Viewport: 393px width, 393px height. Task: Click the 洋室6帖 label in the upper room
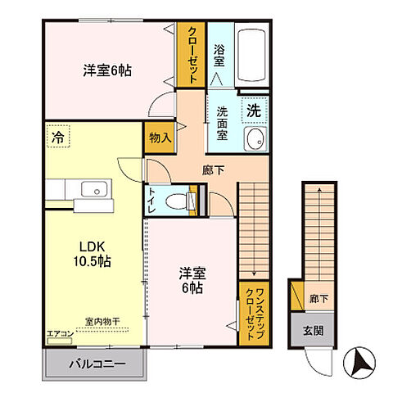point(107,71)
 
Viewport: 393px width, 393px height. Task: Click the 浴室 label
point(219,55)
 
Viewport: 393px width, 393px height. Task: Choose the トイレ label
point(153,199)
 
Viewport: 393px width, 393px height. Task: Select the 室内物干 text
point(102,323)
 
